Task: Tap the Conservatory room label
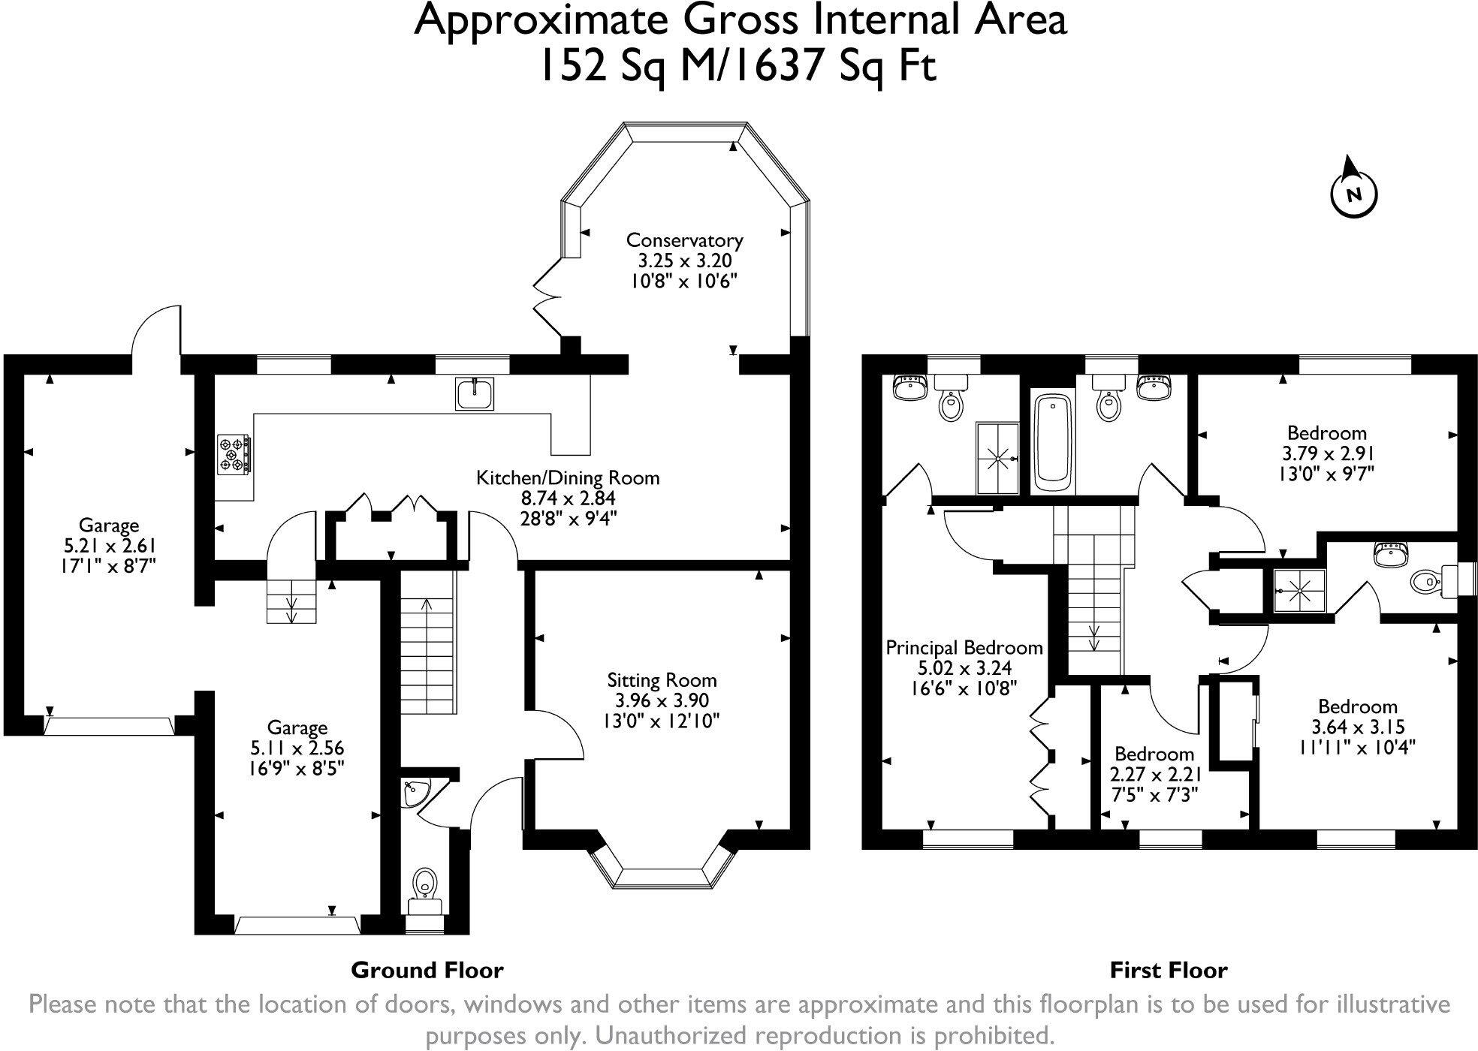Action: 684,240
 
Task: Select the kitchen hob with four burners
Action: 234,455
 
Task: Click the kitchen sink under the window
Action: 475,393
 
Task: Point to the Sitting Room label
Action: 662,680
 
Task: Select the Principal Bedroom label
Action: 964,647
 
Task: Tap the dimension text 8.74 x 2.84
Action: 568,498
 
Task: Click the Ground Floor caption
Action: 427,970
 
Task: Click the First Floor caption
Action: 1168,971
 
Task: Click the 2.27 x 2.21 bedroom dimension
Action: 1154,774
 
